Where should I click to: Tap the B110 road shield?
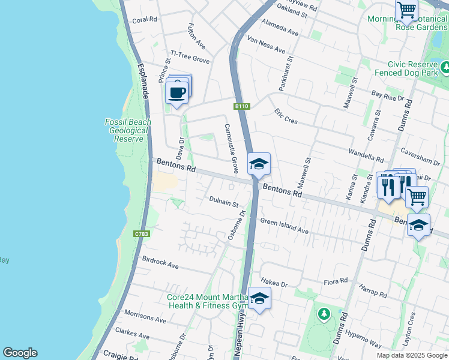241,106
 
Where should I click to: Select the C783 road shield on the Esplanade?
141,234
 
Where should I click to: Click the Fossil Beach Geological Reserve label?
128,130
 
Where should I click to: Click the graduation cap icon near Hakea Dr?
259,298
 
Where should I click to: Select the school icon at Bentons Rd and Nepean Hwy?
259,164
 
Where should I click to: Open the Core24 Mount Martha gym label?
207,301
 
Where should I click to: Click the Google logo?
20,353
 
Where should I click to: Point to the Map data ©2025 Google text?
412,355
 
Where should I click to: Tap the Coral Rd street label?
144,20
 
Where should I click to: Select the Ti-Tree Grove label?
190,57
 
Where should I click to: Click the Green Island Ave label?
284,226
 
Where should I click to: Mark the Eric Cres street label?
286,116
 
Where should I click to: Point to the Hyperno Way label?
367,340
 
